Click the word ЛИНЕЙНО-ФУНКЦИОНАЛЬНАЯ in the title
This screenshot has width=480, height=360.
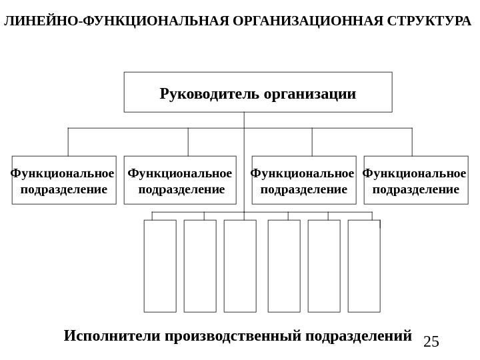click(117, 21)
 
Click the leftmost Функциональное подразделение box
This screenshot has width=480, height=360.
click(64, 180)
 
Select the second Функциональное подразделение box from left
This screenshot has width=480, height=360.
click(180, 180)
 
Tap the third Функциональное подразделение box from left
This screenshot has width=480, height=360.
click(304, 180)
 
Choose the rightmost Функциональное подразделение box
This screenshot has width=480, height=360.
click(416, 180)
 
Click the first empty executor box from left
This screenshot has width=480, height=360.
click(160, 266)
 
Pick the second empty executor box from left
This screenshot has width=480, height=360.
click(200, 266)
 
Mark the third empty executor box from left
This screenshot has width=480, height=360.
click(240, 266)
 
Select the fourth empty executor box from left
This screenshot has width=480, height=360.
click(284, 266)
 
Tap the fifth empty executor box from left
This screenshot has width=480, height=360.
click(324, 266)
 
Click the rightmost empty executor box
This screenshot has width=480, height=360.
click(364, 266)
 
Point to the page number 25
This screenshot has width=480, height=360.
click(431, 342)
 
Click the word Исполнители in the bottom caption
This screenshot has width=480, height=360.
click(113, 335)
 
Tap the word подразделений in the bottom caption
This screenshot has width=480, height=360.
click(358, 335)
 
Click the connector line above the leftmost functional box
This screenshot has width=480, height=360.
click(68, 142)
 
